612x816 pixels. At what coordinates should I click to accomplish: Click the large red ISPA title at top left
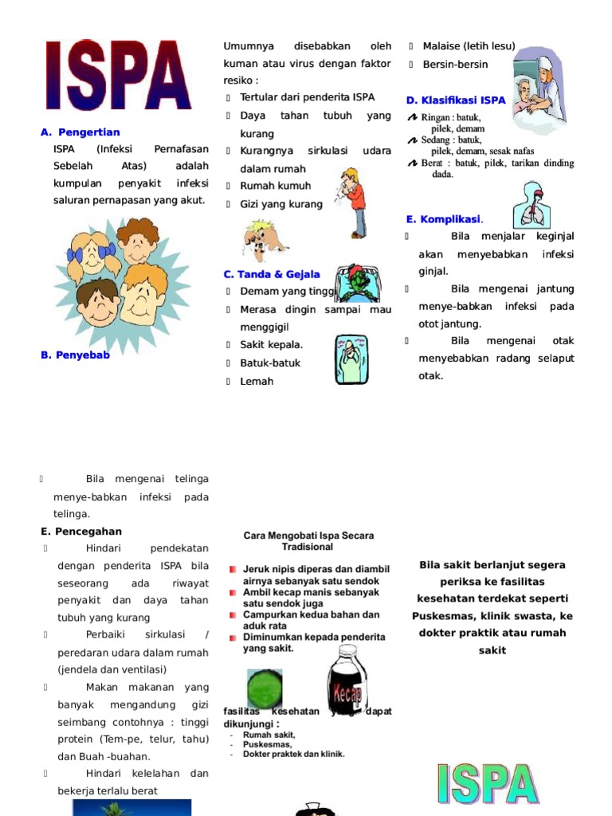pyautogui.click(x=118, y=76)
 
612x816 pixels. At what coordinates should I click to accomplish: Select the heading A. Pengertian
pyautogui.click(x=80, y=132)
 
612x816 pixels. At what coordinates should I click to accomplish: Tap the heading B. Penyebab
pyautogui.click(x=75, y=355)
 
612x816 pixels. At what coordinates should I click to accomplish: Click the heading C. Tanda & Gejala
pyautogui.click(x=272, y=274)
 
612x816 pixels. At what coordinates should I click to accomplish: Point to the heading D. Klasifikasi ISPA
pyautogui.click(x=456, y=100)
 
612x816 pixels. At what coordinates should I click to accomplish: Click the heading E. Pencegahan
pyautogui.click(x=81, y=532)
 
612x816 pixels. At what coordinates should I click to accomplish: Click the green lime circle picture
pyautogui.click(x=265, y=688)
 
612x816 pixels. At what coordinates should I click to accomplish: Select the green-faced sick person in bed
pyautogui.click(x=355, y=284)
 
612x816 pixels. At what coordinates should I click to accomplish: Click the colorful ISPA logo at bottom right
pyautogui.click(x=488, y=785)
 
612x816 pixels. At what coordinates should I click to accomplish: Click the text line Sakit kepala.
pyautogui.click(x=271, y=345)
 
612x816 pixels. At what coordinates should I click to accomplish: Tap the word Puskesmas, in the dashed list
pyautogui.click(x=266, y=744)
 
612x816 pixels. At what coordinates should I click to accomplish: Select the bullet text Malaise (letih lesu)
pyautogui.click(x=469, y=45)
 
